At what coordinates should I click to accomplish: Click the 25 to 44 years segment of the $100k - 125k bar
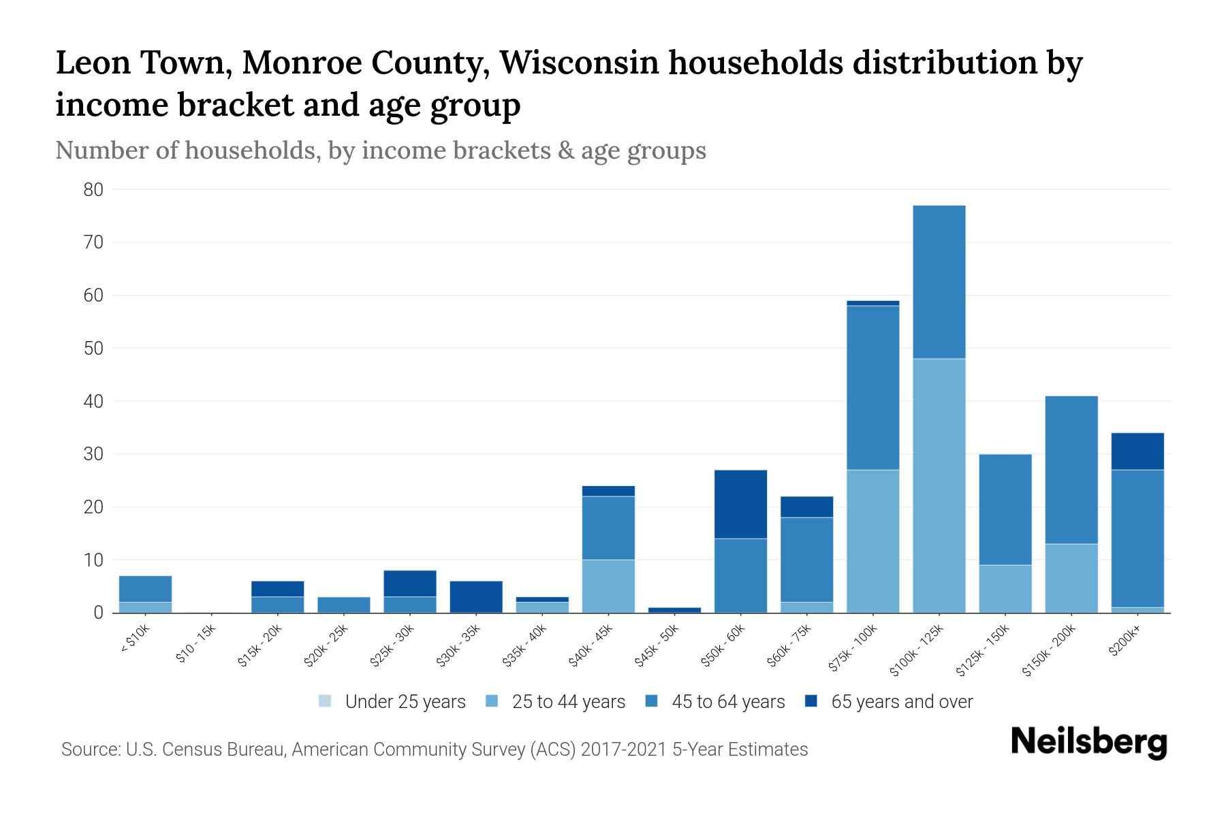[x=939, y=485]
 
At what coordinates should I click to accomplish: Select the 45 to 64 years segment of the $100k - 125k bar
[x=939, y=282]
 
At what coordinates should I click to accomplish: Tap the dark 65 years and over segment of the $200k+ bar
[x=1137, y=451]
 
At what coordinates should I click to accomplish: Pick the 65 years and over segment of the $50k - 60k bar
[x=740, y=504]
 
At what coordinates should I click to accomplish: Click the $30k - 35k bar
[x=476, y=596]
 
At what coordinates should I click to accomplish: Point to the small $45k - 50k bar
[x=674, y=610]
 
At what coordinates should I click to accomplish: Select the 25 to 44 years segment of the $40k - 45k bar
[x=608, y=586]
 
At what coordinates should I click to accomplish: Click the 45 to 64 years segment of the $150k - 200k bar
[x=1071, y=470]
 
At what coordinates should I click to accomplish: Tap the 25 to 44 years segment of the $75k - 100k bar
[x=873, y=541]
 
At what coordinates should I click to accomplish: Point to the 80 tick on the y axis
[x=93, y=190]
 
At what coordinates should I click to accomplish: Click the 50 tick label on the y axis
[x=93, y=349]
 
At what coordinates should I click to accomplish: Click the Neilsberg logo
[x=1088, y=742]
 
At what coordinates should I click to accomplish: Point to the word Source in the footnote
[x=89, y=750]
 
